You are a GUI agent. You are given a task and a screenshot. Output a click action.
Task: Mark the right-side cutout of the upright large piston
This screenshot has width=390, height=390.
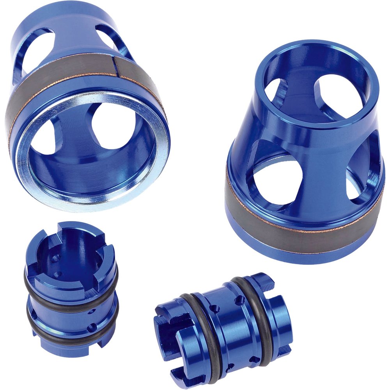(x=361, y=172)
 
